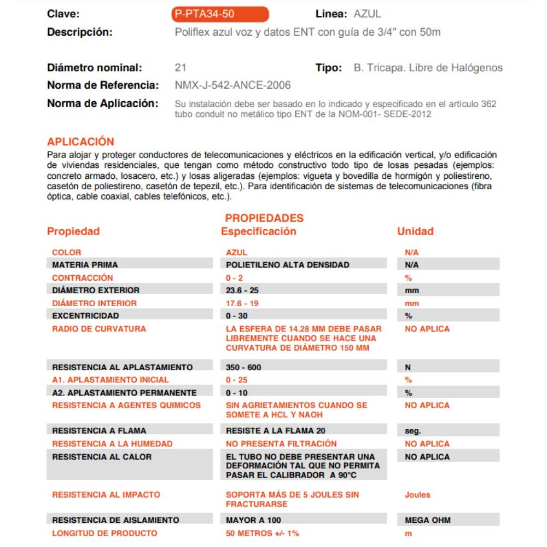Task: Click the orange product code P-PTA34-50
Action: click(204, 14)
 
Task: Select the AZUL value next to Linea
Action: click(367, 14)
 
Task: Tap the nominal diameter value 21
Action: click(181, 68)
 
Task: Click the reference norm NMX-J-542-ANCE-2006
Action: click(232, 85)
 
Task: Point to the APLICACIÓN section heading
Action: click(81, 142)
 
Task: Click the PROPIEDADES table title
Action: click(264, 218)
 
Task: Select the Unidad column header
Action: click(415, 231)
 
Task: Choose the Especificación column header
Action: click(258, 231)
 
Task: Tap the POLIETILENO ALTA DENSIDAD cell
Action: click(288, 265)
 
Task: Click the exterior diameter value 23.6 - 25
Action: click(242, 290)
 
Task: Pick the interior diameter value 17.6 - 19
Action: click(242, 303)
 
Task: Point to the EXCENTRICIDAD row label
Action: click(85, 316)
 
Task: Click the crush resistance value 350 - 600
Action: click(243, 368)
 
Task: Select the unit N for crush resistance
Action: click(408, 368)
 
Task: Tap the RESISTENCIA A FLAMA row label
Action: click(99, 431)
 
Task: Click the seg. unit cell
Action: click(413, 431)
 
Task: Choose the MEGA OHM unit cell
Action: click(428, 520)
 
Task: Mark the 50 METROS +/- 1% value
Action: click(262, 533)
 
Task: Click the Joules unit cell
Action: click(417, 495)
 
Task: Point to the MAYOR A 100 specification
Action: click(253, 520)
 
